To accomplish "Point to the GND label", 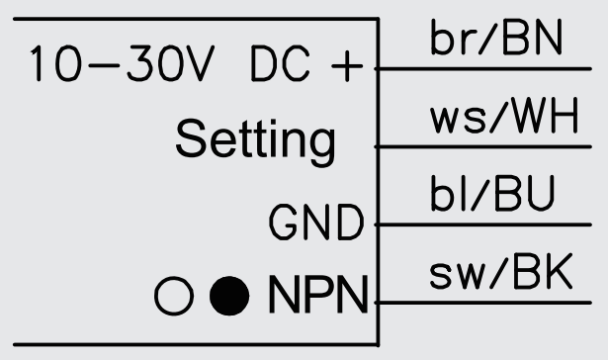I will point(315,224).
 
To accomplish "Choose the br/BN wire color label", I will point(495,42).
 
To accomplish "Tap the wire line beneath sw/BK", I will point(489,302).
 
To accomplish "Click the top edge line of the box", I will point(188,18).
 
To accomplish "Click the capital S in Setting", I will point(191,141).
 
